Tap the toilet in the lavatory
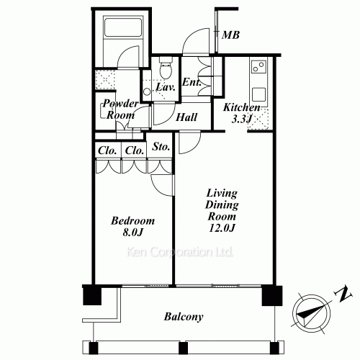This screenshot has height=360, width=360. tap(166, 68)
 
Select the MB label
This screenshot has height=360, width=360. tap(230, 35)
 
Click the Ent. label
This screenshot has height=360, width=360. tap(192, 82)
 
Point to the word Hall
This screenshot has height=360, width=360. tap(186, 117)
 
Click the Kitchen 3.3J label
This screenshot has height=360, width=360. tap(241, 113)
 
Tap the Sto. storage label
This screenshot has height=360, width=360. tap(161, 146)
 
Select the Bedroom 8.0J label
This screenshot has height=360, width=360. tap(132, 226)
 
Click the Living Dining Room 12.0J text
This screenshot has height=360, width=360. tap(222, 210)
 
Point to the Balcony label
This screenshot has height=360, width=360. tap(184, 317)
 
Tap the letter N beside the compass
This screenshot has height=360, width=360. tap(343, 294)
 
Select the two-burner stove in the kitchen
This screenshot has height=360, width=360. tap(258, 66)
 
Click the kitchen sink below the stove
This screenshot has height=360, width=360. tap(258, 94)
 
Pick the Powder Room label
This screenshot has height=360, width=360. tap(120, 109)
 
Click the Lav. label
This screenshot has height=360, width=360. tap(165, 87)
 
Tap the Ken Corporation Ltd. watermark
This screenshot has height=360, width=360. tap(180, 252)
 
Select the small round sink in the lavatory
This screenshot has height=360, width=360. tap(147, 91)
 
